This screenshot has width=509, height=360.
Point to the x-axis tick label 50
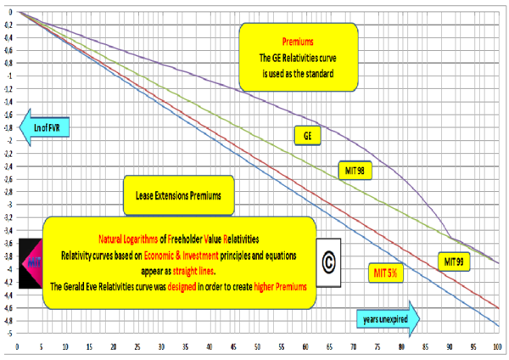click(x=257, y=347)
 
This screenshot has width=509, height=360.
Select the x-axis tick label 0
click(x=17, y=347)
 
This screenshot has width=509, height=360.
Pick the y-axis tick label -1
click(x=8, y=76)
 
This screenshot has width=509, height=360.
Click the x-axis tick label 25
click(x=137, y=347)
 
